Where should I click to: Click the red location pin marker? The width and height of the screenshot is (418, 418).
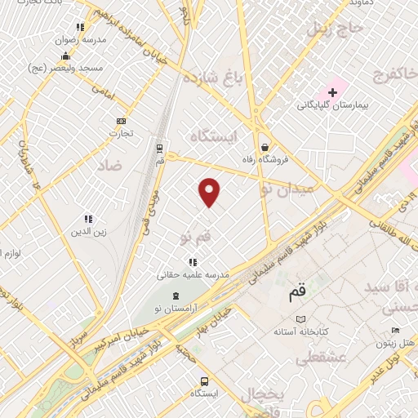(x=210, y=192)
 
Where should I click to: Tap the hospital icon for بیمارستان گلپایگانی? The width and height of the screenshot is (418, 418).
(x=333, y=92)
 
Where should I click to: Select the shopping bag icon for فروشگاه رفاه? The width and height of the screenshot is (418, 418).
(x=265, y=148)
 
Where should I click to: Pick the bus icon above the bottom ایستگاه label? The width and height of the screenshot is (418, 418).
(x=203, y=381)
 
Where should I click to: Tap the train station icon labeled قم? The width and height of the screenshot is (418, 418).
(x=159, y=149)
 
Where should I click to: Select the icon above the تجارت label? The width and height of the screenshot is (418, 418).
(x=122, y=120)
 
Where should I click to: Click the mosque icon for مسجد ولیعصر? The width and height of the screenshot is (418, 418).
(x=65, y=56)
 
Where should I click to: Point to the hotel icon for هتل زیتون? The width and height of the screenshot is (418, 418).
(x=396, y=330)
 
